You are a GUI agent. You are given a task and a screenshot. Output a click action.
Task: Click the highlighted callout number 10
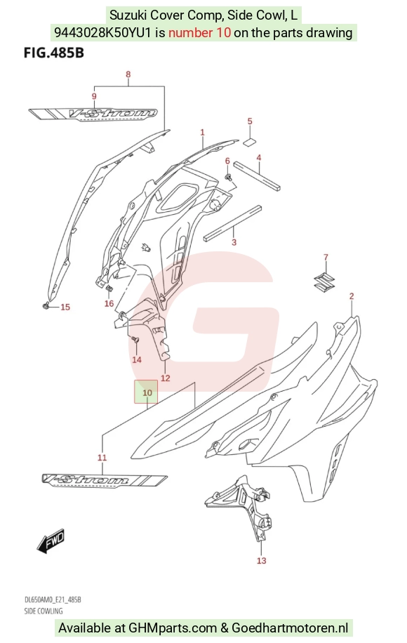[147, 393]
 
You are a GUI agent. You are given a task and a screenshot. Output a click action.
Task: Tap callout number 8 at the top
[128, 74]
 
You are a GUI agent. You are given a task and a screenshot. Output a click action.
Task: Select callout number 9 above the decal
[94, 96]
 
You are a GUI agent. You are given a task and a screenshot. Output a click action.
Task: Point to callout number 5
[250, 121]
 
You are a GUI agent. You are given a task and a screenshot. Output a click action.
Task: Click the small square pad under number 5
[250, 142]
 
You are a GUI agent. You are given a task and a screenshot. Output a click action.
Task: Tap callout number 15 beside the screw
[65, 307]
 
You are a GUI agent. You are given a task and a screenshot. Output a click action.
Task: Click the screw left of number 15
[46, 305]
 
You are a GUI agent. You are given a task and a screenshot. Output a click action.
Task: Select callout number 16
[109, 303]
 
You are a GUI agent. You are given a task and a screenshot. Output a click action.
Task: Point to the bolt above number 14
[135, 340]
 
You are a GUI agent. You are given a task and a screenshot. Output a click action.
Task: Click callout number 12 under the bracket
[165, 378]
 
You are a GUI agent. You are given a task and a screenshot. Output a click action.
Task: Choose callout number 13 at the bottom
[262, 561]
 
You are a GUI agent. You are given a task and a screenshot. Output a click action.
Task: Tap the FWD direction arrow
[51, 540]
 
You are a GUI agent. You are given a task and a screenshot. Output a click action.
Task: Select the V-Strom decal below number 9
[93, 114]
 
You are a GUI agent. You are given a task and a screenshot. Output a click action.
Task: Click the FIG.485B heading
[54, 53]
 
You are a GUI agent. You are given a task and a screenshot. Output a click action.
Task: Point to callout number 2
[352, 296]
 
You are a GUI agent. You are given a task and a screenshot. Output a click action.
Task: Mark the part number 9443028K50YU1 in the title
[103, 32]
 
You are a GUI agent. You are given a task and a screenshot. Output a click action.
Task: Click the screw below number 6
[228, 177]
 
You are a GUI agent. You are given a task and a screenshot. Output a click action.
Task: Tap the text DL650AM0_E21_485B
[53, 600]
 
